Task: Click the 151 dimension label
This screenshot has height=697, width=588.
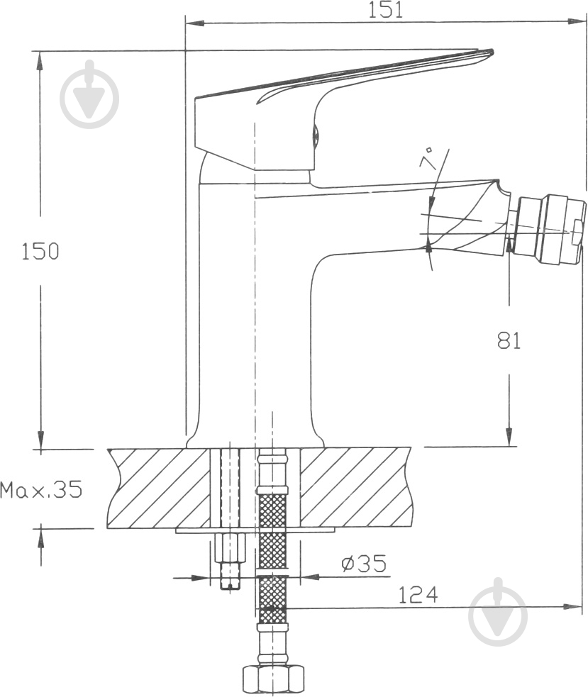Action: [385, 9]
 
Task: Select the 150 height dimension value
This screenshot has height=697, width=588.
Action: [40, 251]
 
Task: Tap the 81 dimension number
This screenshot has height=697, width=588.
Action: [509, 340]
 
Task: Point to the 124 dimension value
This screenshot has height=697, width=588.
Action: [418, 594]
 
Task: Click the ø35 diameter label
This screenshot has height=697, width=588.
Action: [363, 564]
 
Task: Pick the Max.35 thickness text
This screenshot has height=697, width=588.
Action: [41, 490]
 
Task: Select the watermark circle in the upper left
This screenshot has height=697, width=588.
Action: [89, 95]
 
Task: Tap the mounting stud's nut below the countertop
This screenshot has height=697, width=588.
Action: [229, 547]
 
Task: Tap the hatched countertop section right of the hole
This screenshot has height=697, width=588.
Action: [355, 488]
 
